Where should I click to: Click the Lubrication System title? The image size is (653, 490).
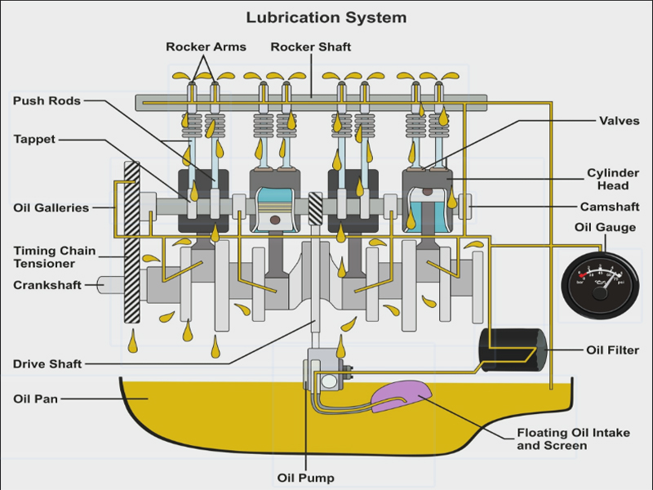pos(326,16)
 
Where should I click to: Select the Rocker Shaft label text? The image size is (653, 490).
pos(311,47)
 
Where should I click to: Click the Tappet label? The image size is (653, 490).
pos(34,140)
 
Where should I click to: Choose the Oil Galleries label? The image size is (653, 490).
pos(51,207)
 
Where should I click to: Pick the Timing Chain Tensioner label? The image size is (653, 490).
pos(54,257)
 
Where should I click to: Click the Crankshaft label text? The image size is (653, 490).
pos(47,286)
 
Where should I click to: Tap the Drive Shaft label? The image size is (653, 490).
pos(47,363)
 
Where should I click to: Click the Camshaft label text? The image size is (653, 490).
pos(610,207)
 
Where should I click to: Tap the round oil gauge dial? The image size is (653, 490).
pos(597,283)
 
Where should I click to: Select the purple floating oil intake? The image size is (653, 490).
pos(401,394)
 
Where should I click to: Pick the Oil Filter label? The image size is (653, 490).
pos(612,350)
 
